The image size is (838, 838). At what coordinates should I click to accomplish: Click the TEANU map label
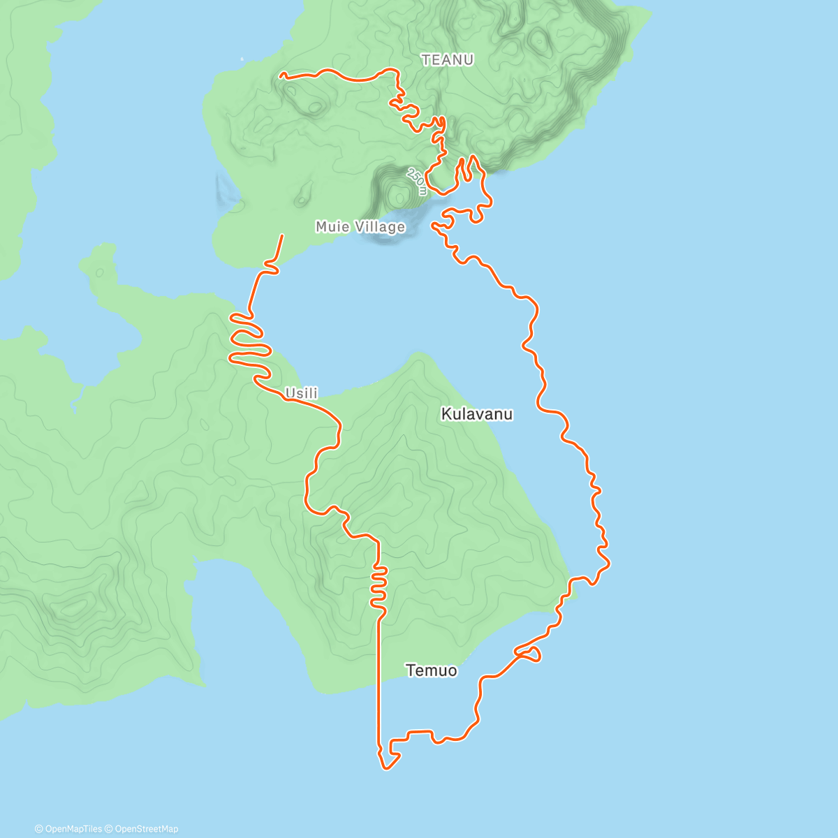click(448, 60)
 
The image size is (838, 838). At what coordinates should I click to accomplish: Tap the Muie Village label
click(360, 227)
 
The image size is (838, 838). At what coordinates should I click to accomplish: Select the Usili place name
click(302, 393)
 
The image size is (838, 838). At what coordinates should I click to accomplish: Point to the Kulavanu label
click(477, 414)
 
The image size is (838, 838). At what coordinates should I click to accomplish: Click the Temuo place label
click(432, 670)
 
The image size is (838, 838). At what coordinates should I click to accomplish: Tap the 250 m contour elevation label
click(417, 181)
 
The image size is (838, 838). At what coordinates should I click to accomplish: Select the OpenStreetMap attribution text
click(146, 829)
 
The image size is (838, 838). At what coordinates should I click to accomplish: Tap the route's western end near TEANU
click(281, 74)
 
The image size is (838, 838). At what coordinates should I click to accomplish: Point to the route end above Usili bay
click(282, 236)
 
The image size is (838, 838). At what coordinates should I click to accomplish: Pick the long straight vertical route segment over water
click(378, 684)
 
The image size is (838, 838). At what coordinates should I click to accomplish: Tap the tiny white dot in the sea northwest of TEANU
click(242, 59)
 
